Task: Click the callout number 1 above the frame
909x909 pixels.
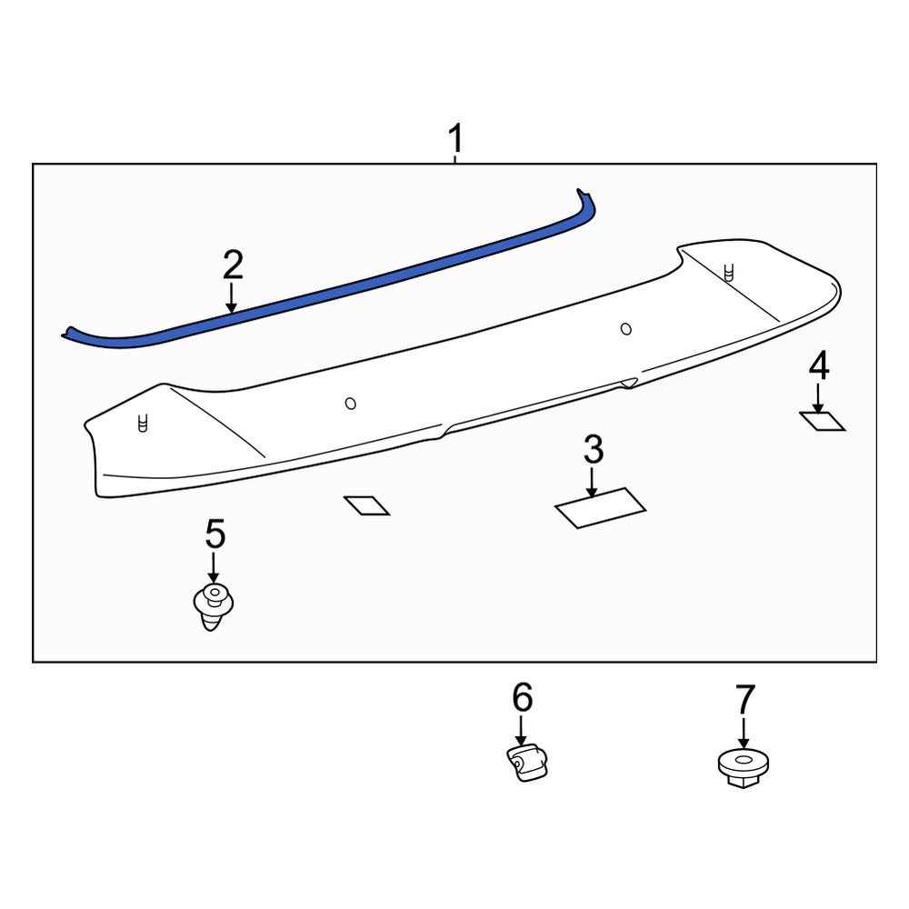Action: (x=454, y=141)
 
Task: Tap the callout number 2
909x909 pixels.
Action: (x=233, y=265)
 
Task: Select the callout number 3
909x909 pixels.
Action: (x=593, y=449)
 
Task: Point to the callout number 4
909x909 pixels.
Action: (x=818, y=367)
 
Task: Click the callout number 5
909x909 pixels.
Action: (x=215, y=534)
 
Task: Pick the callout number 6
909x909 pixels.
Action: (x=521, y=698)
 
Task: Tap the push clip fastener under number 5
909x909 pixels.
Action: (x=214, y=606)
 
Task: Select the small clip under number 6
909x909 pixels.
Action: (x=528, y=761)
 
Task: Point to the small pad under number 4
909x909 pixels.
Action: (x=822, y=421)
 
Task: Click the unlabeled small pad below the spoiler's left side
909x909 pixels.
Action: (x=365, y=505)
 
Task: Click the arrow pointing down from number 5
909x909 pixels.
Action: (x=215, y=567)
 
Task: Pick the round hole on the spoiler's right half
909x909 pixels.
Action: (x=625, y=328)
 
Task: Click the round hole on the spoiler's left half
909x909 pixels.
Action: (x=350, y=404)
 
